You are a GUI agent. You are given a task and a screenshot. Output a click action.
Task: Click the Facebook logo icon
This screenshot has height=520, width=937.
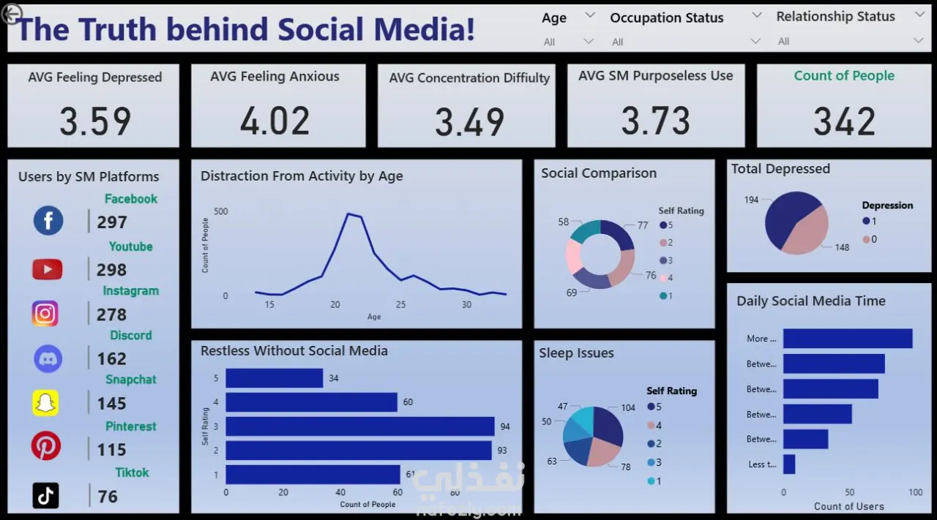click(48, 220)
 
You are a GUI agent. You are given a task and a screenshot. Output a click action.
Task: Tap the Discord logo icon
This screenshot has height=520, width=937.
click(48, 358)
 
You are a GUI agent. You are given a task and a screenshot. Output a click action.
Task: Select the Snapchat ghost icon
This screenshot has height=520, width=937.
click(45, 403)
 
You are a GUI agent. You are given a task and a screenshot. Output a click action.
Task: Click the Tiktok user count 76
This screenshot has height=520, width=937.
click(108, 497)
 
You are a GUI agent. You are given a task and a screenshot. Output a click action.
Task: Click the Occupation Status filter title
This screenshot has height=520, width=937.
click(666, 18)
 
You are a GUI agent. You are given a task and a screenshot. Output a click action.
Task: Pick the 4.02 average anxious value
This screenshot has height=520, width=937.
click(275, 121)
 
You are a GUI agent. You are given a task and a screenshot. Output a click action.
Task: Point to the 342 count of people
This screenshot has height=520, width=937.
click(844, 121)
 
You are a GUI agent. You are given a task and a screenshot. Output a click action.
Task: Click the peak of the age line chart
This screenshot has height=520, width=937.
click(348, 214)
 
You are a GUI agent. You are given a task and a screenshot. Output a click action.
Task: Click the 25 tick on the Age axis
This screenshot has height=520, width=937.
click(400, 304)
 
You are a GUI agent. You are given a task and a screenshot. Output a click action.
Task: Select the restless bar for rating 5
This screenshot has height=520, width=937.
click(274, 378)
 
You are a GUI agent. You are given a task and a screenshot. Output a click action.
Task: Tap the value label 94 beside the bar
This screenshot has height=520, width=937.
click(505, 426)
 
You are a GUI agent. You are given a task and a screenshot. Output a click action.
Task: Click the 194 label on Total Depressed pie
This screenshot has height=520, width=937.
click(751, 200)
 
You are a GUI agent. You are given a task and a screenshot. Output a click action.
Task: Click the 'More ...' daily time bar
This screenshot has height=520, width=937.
click(847, 339)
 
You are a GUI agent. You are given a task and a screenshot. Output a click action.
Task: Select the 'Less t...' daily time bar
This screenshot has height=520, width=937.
click(789, 464)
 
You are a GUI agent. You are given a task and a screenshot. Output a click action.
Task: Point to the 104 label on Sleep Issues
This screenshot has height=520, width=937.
click(628, 407)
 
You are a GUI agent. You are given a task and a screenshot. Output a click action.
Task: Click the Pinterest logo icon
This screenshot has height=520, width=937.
click(46, 446)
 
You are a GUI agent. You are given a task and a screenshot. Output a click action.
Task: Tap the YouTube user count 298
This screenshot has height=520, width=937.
click(111, 270)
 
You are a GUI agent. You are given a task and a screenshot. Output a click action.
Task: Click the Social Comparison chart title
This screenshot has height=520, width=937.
click(598, 173)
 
